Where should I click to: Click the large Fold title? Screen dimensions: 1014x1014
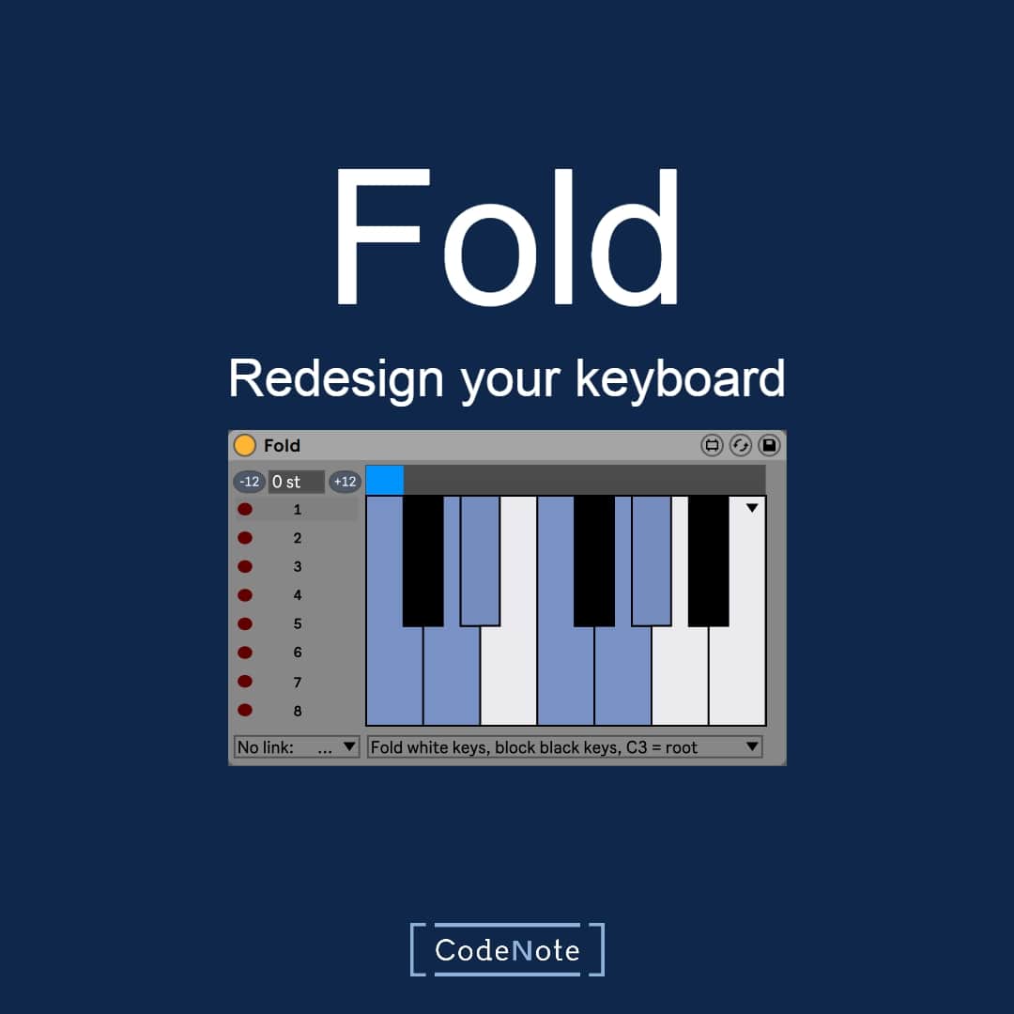pos(506,236)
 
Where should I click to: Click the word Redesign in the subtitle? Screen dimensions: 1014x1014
pos(336,380)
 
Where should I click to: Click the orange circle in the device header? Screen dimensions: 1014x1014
pos(244,445)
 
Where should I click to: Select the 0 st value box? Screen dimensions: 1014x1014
pos(296,482)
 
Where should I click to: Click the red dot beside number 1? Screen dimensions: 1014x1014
pos(245,510)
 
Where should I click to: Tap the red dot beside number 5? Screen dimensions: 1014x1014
pos(245,624)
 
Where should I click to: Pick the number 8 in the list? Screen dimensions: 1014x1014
pos(298,711)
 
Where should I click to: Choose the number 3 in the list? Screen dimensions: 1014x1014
pos(298,566)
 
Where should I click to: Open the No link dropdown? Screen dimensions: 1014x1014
pos(296,747)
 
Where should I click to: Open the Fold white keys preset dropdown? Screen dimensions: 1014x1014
pos(564,747)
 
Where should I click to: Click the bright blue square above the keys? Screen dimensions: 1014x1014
pos(385,480)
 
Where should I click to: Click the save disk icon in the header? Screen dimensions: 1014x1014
pos(769,445)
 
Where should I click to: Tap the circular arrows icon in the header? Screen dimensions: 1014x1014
pos(741,445)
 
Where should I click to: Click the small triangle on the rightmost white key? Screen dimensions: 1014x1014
pos(751,508)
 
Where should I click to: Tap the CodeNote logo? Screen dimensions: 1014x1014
pos(507,949)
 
